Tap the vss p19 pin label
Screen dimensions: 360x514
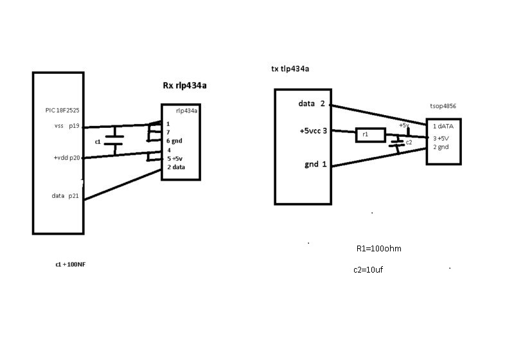[67, 127]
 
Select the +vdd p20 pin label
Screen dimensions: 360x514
[67, 157]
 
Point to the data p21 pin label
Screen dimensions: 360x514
[65, 196]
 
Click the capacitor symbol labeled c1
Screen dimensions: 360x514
[114, 141]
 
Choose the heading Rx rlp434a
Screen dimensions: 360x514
[188, 85]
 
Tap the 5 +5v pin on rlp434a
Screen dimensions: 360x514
[175, 158]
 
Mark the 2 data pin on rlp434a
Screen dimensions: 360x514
[177, 167]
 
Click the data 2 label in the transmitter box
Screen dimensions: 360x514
[312, 104]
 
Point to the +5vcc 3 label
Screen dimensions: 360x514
[313, 131]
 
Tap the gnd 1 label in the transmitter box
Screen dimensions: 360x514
[315, 165]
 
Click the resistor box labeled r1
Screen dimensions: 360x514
[370, 135]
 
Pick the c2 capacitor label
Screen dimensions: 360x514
[409, 142]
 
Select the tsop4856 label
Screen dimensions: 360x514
[443, 106]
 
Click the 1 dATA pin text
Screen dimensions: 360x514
[443, 126]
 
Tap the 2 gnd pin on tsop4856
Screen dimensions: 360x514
[441, 147]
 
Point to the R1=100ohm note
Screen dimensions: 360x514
[379, 248]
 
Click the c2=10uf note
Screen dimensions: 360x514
[369, 270]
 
